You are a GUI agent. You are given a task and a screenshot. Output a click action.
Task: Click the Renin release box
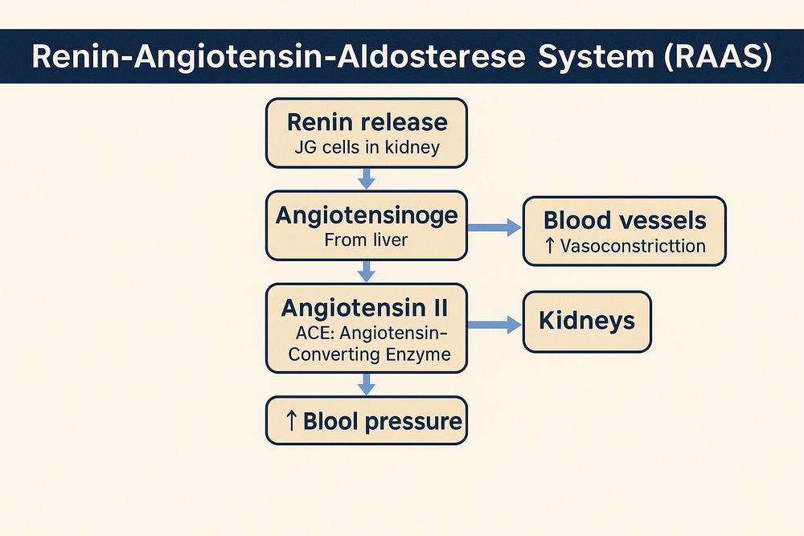[366, 133]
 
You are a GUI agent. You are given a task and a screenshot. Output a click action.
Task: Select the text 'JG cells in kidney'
[367, 149]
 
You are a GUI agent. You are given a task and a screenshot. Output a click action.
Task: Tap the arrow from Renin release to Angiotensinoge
[366, 179]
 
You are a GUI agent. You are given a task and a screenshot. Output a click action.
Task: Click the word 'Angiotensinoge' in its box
[367, 215]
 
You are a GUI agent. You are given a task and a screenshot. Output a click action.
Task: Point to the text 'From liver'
[367, 239]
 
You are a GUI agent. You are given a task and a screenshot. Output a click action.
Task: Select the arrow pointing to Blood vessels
[494, 229]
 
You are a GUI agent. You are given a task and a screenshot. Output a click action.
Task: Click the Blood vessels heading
[624, 220]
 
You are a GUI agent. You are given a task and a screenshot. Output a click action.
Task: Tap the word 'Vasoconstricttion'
[633, 246]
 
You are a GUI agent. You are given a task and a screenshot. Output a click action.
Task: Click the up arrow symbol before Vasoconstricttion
[550, 246]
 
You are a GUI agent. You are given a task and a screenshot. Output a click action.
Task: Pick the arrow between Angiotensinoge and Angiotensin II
[366, 272]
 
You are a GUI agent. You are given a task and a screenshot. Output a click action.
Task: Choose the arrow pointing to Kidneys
[494, 324]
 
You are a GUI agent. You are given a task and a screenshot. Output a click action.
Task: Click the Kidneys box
[587, 322]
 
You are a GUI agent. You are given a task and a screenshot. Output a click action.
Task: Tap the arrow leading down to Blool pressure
[366, 385]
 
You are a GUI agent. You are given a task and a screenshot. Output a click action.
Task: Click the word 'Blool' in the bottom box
[335, 421]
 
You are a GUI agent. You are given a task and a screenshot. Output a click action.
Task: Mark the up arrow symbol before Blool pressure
[291, 421]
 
